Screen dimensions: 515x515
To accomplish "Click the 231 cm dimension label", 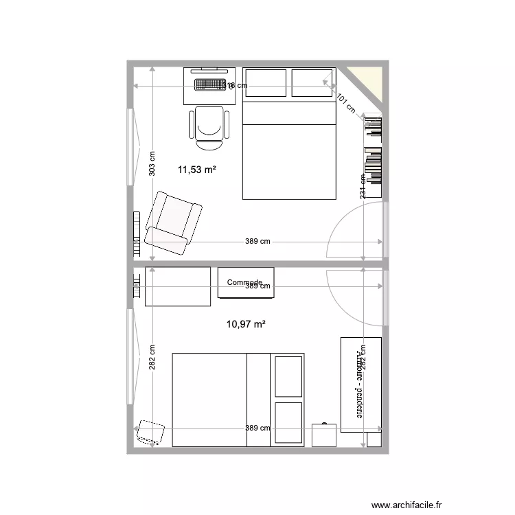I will [363, 185].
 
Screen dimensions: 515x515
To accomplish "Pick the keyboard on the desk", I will [210, 85].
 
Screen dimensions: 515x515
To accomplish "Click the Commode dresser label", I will [244, 282].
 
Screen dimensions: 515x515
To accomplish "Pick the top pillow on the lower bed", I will [288, 376].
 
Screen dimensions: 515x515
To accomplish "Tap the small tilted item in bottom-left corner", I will [150, 432].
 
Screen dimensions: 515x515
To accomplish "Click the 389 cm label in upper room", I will [257, 242].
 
